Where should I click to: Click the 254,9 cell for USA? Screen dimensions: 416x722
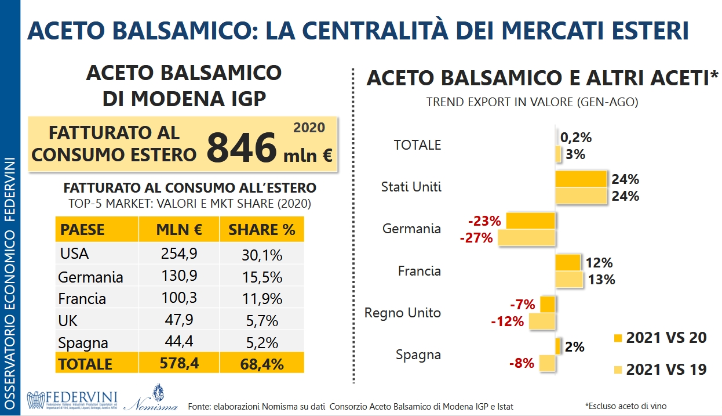[177, 254]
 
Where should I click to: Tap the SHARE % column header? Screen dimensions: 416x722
[261, 230]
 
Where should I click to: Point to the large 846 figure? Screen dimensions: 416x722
[242, 148]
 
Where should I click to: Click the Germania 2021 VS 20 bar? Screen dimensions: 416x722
[531, 220]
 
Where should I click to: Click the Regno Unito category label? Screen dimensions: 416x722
[403, 313]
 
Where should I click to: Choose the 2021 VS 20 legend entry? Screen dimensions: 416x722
[659, 338]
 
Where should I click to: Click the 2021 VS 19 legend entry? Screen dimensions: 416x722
[659, 369]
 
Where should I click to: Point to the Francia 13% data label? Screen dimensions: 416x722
[601, 280]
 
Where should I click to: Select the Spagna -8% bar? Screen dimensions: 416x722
[547, 363]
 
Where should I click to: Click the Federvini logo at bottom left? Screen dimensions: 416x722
[72, 399]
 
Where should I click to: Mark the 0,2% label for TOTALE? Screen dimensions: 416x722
[577, 138]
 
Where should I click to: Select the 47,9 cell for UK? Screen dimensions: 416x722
[177, 320]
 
